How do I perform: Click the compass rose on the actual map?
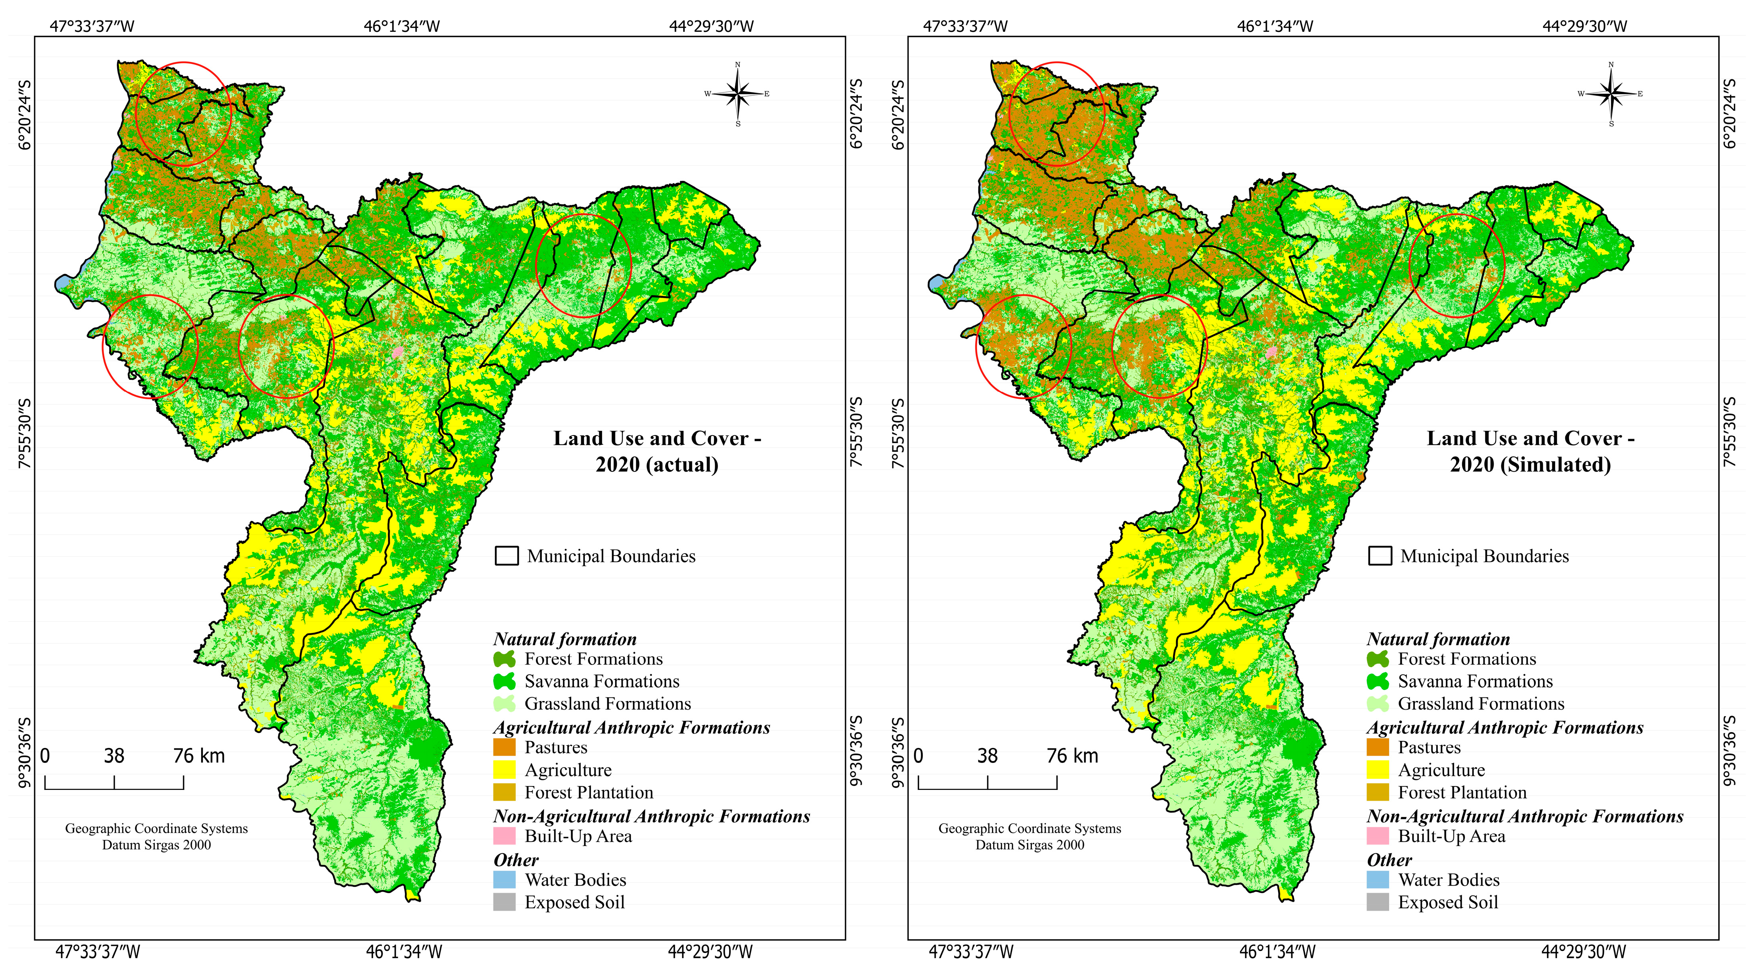[738, 94]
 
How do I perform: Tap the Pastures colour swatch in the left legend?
[504, 747]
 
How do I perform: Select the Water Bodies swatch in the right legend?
[1378, 880]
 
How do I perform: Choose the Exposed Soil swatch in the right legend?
[1378, 902]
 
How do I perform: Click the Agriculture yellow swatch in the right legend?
[1378, 770]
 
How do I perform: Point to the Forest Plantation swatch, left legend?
[504, 792]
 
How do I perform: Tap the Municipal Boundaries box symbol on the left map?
[506, 556]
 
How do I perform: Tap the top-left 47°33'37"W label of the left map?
[92, 26]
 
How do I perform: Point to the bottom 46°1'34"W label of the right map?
[1277, 952]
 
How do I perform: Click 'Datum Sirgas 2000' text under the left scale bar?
[157, 845]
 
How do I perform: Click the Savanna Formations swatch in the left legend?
[504, 681]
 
